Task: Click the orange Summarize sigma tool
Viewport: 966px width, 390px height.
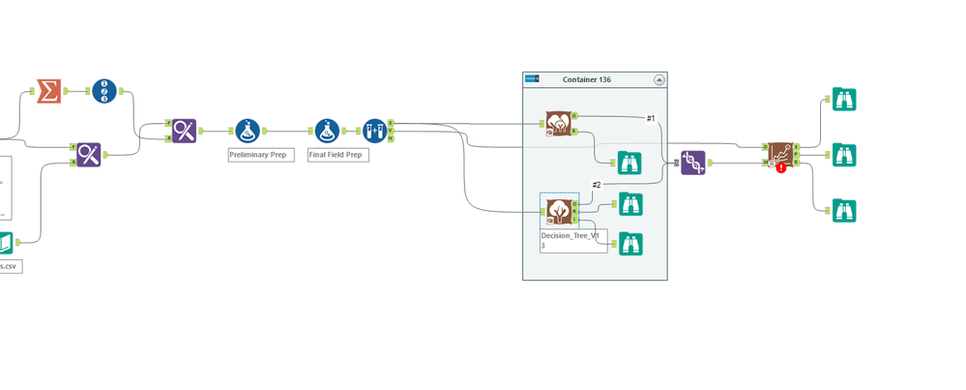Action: pyautogui.click(x=49, y=92)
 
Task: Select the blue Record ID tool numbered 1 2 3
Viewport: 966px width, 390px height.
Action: pyautogui.click(x=104, y=92)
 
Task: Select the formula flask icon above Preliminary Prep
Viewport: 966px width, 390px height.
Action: pyautogui.click(x=248, y=131)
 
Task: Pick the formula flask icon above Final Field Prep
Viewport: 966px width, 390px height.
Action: pyautogui.click(x=327, y=131)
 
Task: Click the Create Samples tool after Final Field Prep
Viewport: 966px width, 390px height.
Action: pyautogui.click(x=374, y=131)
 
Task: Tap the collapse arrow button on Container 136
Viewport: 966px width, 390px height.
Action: pyautogui.click(x=659, y=79)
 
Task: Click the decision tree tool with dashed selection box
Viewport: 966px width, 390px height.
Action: pyautogui.click(x=558, y=209)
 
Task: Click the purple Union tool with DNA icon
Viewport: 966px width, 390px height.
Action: pyautogui.click(x=692, y=163)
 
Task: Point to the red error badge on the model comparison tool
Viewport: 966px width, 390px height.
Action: pyautogui.click(x=781, y=167)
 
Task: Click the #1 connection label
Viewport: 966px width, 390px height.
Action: pyautogui.click(x=651, y=118)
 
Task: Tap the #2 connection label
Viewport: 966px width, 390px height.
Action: pyautogui.click(x=597, y=185)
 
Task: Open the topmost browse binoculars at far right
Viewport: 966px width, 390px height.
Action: pyautogui.click(x=844, y=99)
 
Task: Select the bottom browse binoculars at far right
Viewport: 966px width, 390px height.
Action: pyautogui.click(x=844, y=210)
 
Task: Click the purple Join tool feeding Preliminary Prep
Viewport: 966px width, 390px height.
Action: pyautogui.click(x=185, y=131)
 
